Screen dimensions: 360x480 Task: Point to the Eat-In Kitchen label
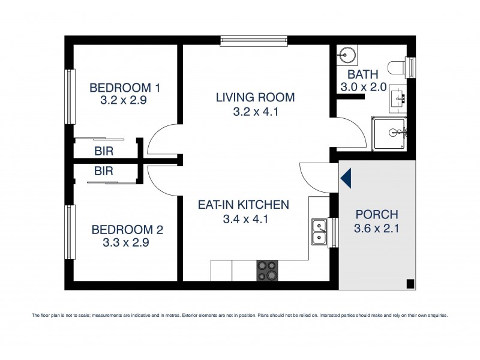[244, 205]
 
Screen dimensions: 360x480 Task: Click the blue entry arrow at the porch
[346, 178]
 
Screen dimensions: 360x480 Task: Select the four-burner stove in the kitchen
[268, 270]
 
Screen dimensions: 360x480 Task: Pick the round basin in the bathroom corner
[346, 54]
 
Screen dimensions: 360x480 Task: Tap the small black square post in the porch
[409, 284]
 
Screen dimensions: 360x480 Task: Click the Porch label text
[377, 214]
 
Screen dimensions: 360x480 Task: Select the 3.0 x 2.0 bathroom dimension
[364, 88]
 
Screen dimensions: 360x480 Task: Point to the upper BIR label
[104, 151]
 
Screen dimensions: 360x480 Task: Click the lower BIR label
[104, 171]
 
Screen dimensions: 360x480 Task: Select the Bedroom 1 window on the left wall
[70, 97]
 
